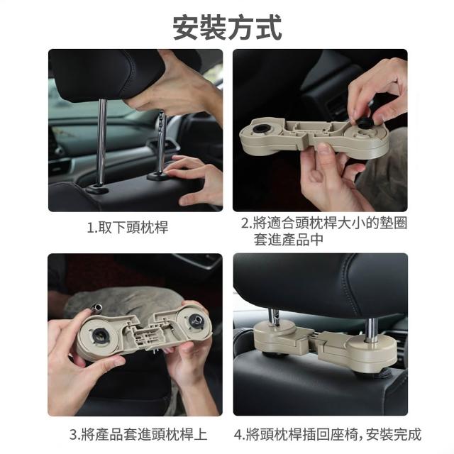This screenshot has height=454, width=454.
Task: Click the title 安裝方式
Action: click(x=227, y=27)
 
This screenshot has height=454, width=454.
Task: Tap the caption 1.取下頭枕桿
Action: click(x=128, y=227)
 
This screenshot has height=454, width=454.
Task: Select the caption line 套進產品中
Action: click(x=289, y=240)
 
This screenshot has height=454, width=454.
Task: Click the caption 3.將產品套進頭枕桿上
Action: click(x=138, y=435)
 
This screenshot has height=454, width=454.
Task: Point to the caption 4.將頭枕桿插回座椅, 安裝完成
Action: click(x=328, y=435)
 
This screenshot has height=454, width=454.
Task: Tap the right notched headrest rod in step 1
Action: click(x=161, y=142)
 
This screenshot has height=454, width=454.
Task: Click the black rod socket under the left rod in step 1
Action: click(x=97, y=189)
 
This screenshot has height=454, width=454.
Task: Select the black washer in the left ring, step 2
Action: click(x=259, y=128)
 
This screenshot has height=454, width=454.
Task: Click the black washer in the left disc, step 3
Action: click(x=100, y=336)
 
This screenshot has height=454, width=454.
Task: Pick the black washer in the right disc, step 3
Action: click(x=196, y=321)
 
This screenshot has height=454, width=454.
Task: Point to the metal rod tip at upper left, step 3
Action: click(x=96, y=308)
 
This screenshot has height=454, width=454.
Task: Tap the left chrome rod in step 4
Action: click(x=273, y=316)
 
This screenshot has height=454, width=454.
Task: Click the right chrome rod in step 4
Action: click(x=371, y=330)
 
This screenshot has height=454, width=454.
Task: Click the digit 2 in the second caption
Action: click(x=245, y=223)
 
